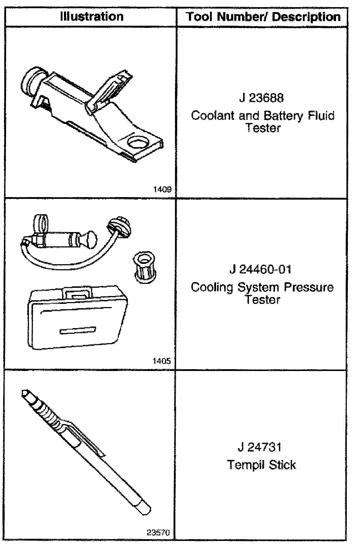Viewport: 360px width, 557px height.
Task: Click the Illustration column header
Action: point(92,16)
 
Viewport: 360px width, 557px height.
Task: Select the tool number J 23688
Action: point(262,98)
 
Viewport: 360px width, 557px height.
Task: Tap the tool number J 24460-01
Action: point(260,269)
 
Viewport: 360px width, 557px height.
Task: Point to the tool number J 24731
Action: point(260,447)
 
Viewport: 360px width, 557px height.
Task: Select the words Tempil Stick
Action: point(261,465)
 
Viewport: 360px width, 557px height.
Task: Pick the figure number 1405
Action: point(161,361)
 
